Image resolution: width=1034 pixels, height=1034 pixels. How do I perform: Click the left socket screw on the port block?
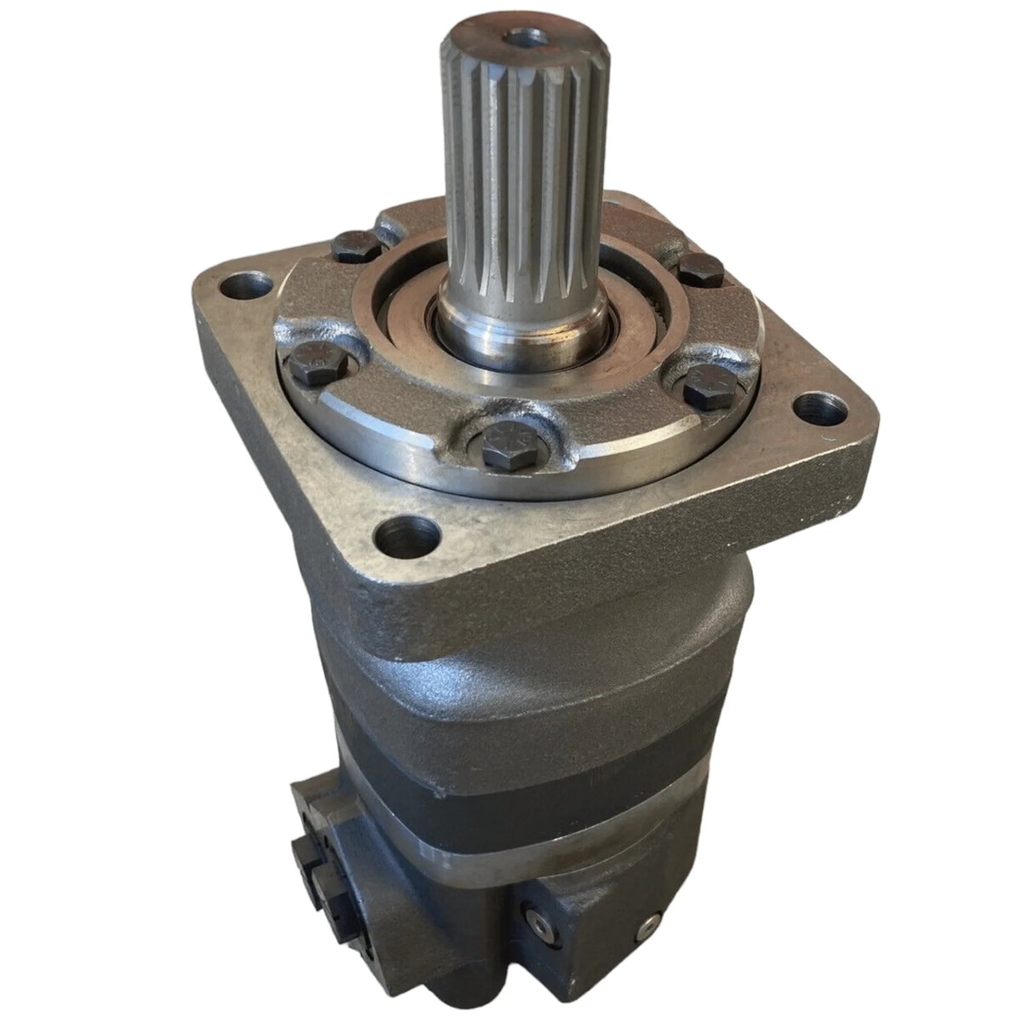[534, 917]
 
